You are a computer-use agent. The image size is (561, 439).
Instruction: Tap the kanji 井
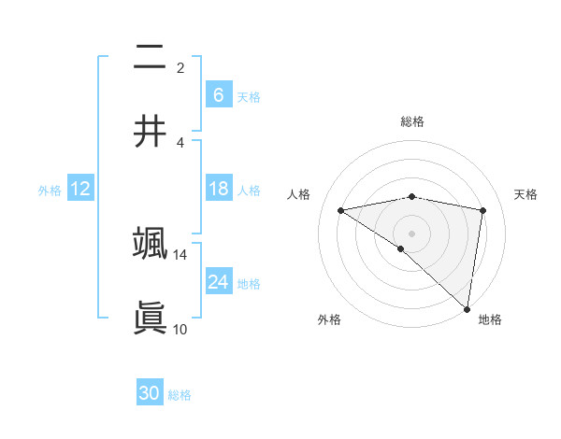(x=150, y=132)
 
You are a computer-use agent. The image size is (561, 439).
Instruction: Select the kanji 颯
(x=150, y=244)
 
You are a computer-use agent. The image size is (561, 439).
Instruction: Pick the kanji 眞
(x=150, y=318)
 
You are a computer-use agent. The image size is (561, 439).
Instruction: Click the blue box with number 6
(x=218, y=94)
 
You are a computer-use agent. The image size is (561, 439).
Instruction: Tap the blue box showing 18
(x=218, y=189)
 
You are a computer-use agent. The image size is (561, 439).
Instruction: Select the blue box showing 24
(x=218, y=281)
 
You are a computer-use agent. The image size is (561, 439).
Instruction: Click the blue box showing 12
(x=80, y=189)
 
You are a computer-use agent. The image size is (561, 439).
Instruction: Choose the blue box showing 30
(x=150, y=393)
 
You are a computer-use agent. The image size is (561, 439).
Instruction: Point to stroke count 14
(x=180, y=254)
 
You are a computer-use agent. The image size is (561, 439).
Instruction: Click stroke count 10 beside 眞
(x=180, y=329)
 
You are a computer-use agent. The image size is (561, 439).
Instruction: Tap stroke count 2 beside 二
(x=180, y=68)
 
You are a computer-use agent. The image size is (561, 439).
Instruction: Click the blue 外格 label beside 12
(x=50, y=190)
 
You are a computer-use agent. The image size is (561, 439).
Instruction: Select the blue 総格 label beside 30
(x=180, y=395)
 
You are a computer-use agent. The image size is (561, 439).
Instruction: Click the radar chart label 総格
(x=412, y=121)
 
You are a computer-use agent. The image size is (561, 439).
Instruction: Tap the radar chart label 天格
(x=526, y=194)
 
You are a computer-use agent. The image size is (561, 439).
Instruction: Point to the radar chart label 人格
(x=299, y=194)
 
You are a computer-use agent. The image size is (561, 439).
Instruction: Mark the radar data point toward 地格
(x=467, y=308)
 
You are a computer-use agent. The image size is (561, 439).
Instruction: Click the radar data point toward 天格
(x=483, y=210)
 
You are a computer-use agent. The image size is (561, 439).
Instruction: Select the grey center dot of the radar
(x=412, y=233)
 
